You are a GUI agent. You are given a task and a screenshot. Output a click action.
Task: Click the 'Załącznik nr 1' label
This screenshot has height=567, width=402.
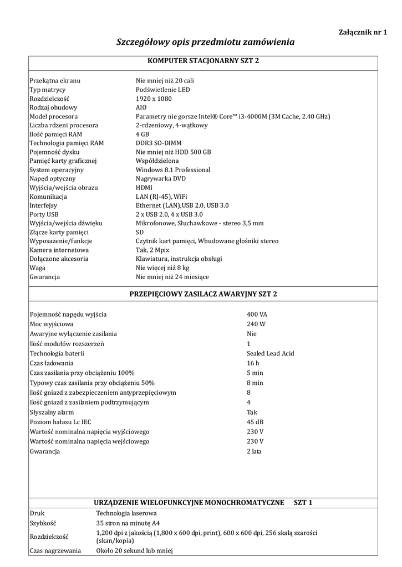pos(362,32)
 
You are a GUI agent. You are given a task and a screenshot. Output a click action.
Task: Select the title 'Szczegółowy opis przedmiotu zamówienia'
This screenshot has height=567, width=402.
pos(205,42)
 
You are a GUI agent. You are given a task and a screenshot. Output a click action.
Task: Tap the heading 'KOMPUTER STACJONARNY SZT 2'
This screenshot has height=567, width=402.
pos(202,60)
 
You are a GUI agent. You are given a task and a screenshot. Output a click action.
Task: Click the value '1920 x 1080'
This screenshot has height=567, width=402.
pos(154,99)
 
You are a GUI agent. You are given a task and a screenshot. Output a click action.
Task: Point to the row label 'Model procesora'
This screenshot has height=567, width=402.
pos(53,116)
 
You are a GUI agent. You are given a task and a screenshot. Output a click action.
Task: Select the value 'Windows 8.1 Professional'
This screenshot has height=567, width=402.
pos(173,169)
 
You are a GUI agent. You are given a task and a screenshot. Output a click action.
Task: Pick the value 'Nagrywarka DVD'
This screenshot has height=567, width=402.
pos(161,179)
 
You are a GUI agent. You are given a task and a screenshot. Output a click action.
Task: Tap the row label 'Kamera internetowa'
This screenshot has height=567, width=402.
pos(57,250)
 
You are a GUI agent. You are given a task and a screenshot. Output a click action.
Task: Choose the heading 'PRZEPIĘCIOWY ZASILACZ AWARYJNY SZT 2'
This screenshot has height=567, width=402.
pos(202,294)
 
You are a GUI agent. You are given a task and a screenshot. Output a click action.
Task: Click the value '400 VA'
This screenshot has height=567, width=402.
pos(257,314)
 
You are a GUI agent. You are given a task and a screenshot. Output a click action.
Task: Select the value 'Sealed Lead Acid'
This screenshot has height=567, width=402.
pos(271,353)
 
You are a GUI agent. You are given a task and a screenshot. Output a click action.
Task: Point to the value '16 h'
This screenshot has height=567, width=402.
pos(253,363)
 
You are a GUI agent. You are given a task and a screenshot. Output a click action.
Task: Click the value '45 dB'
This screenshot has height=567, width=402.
pos(256,422)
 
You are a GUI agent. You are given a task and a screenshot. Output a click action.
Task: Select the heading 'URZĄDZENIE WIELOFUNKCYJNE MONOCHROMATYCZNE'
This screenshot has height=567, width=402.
pos(189,503)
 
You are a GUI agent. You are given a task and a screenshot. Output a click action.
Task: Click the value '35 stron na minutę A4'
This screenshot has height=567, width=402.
pos(128,522)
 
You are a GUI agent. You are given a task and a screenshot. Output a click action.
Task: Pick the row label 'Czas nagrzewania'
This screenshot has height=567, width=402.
pos(55,550)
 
